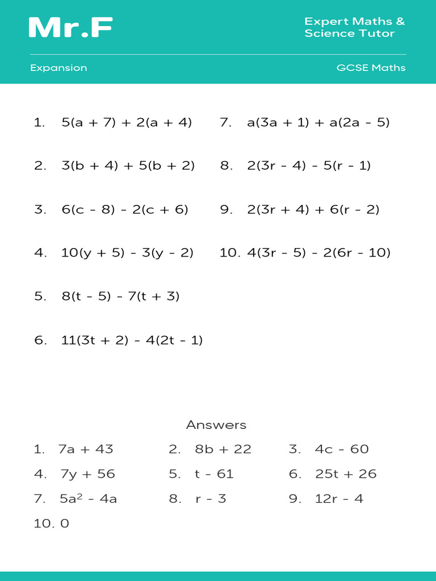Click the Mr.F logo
pyautogui.click(x=70, y=27)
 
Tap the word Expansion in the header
pyautogui.click(x=58, y=68)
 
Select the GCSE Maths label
pyautogui.click(x=371, y=68)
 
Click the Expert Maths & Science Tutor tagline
pyautogui.click(x=355, y=27)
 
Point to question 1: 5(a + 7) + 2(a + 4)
pyautogui.click(x=127, y=123)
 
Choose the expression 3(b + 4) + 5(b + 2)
pyautogui.click(x=128, y=166)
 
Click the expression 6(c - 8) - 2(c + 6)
pyautogui.click(x=125, y=209)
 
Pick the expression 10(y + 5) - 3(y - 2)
pyautogui.click(x=127, y=253)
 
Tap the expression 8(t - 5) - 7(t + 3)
pyautogui.click(x=120, y=296)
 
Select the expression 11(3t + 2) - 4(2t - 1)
pyautogui.click(x=132, y=340)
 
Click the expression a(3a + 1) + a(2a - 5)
pyautogui.click(x=318, y=123)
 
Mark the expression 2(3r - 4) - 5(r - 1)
pyautogui.click(x=309, y=166)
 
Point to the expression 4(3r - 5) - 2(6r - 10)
pyautogui.click(x=318, y=253)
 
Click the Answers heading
pyautogui.click(x=216, y=425)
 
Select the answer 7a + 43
pyautogui.click(x=86, y=449)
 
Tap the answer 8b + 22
pyautogui.click(x=223, y=449)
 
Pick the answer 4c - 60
pyautogui.click(x=342, y=449)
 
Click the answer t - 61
pyautogui.click(x=214, y=474)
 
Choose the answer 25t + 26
pyautogui.click(x=346, y=474)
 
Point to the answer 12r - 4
pyautogui.click(x=339, y=499)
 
